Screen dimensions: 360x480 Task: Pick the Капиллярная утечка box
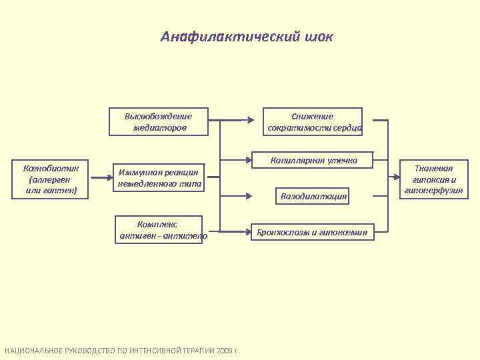pos(314,160)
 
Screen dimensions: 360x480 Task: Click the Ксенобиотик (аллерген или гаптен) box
pos(51,179)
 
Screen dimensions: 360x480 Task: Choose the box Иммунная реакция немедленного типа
pos(159,178)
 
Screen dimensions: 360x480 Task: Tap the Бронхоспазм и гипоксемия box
pos(315,232)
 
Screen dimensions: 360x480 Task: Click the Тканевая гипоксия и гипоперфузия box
pos(433,179)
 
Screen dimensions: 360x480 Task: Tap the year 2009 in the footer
pos(224,351)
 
